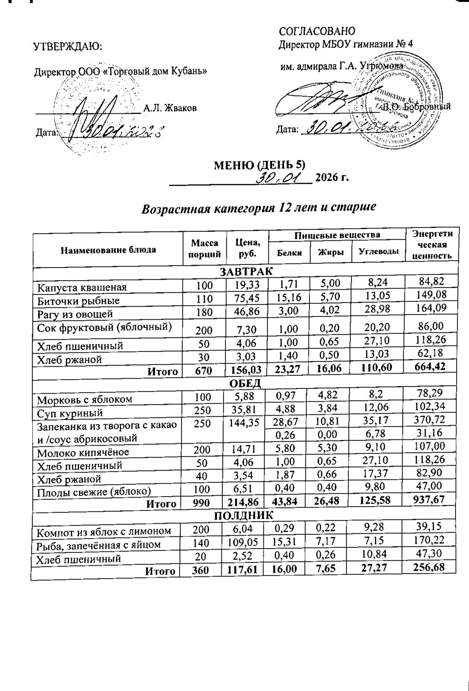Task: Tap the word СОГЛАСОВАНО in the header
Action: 317,31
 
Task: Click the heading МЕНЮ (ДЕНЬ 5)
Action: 259,165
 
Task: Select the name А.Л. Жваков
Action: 170,108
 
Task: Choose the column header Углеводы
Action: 378,252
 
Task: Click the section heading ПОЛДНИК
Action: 244,515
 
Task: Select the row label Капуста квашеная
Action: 82,287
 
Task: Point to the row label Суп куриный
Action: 70,413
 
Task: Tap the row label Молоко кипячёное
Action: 83,452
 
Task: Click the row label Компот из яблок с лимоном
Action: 104,531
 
